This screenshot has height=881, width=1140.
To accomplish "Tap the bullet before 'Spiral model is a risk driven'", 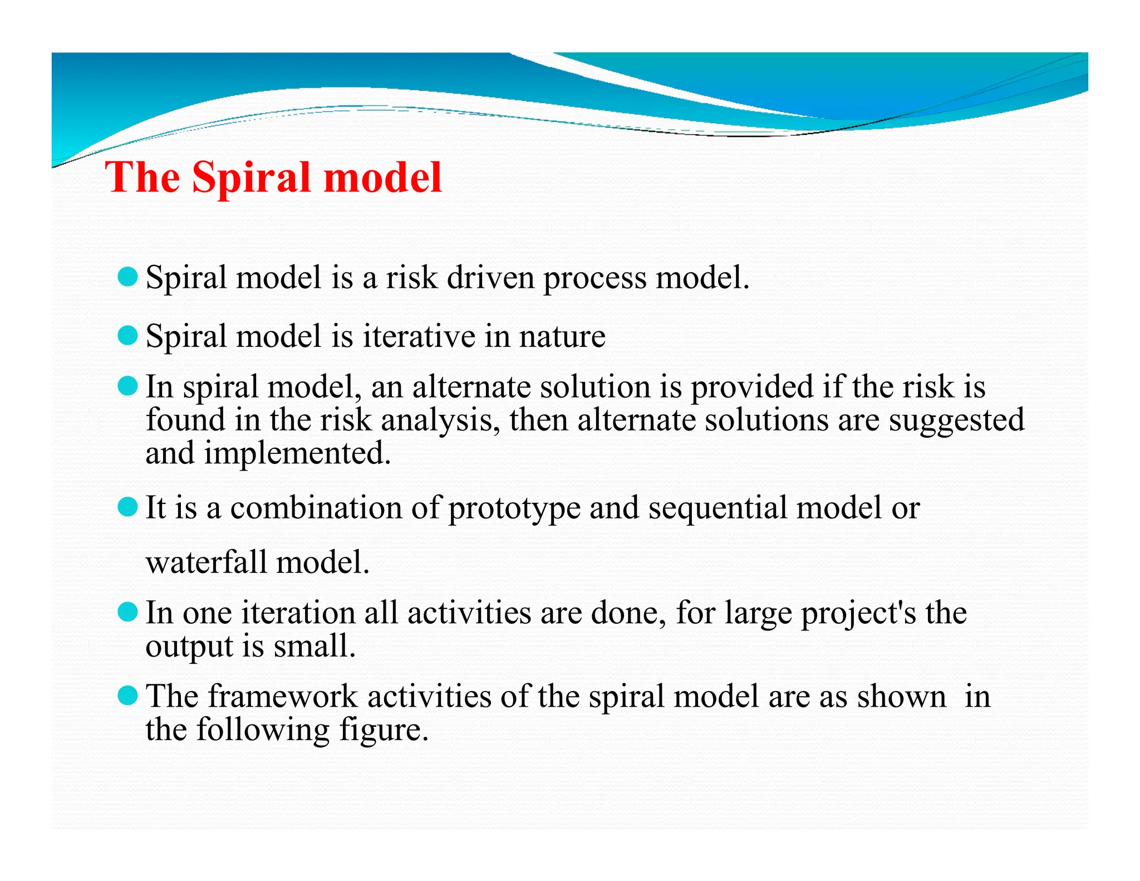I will pyautogui.click(x=128, y=277).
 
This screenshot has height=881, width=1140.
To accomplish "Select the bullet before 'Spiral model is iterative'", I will pyautogui.click(x=128, y=336).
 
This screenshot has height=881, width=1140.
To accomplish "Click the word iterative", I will pyautogui.click(x=419, y=336).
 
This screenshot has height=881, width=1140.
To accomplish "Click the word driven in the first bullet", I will pyautogui.click(x=490, y=277).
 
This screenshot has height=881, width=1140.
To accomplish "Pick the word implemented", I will pyautogui.click(x=297, y=453).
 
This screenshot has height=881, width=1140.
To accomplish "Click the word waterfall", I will pyautogui.click(x=207, y=562).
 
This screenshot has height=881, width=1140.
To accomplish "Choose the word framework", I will pyautogui.click(x=283, y=697).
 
